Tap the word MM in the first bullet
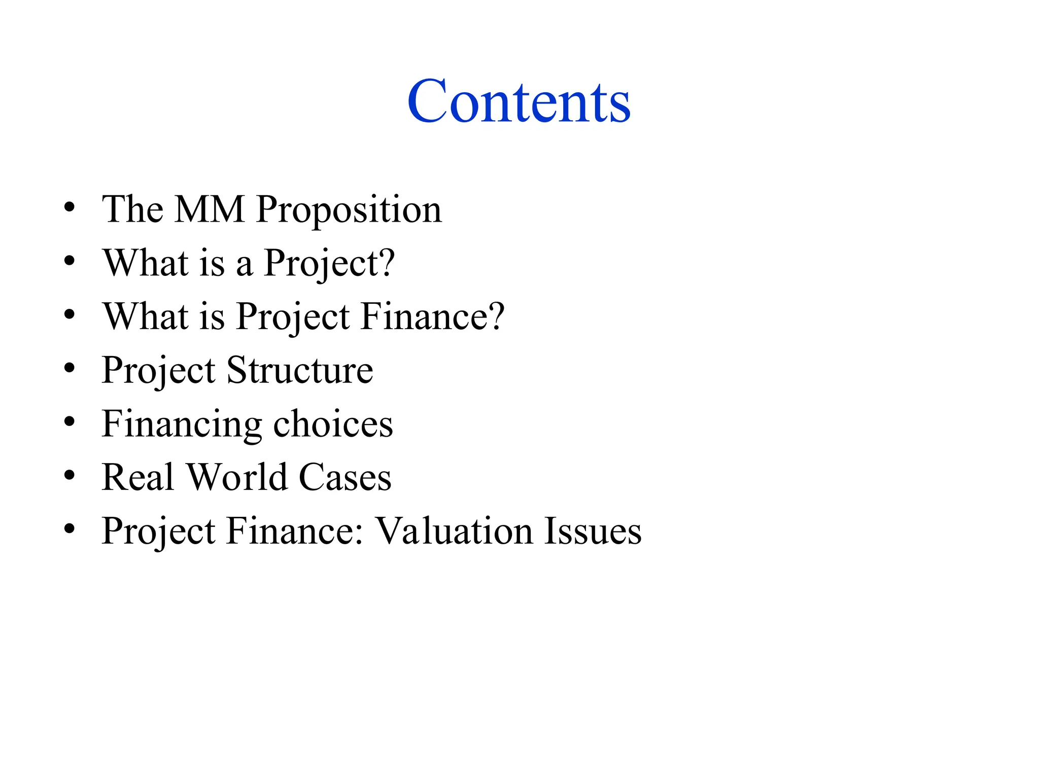click(209, 209)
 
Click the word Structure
click(299, 370)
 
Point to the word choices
click(333, 423)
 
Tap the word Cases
click(345, 477)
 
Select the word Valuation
click(454, 531)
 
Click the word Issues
click(593, 531)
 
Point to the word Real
click(138, 477)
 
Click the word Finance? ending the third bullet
click(432, 316)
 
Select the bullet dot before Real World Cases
click(70, 475)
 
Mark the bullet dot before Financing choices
click(70, 421)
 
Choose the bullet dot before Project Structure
click(70, 368)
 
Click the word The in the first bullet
click(132, 209)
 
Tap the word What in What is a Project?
click(146, 263)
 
